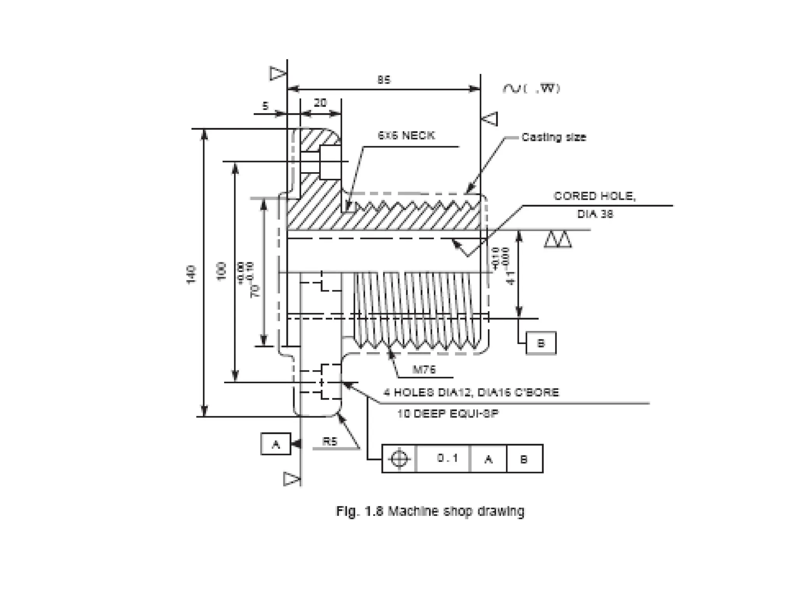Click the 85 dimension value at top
[x=384, y=80]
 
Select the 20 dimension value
[x=320, y=103]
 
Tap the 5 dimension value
[x=265, y=106]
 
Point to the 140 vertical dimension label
[x=191, y=274]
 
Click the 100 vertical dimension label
[x=221, y=272]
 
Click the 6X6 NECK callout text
[x=406, y=136]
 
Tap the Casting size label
[x=553, y=137]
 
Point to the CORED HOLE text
[x=594, y=196]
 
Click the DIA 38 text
[x=595, y=214]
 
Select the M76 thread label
[x=424, y=370]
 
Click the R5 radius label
[x=330, y=441]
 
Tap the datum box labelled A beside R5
[x=276, y=444]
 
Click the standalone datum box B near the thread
[x=541, y=343]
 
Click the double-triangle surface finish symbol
[x=558, y=240]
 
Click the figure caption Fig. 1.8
[x=430, y=511]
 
